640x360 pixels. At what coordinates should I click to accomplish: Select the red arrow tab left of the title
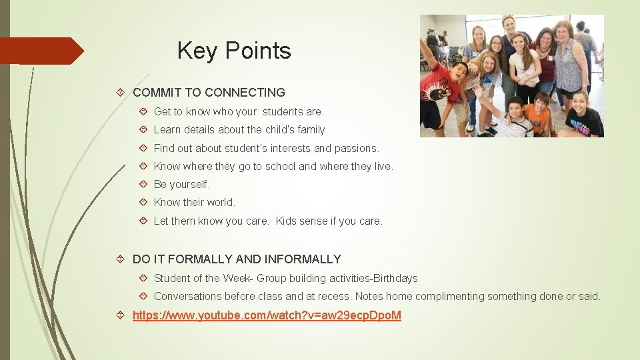coord(41,51)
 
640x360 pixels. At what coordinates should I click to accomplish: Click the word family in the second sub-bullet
coord(309,129)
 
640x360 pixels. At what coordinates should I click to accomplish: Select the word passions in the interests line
coord(357,148)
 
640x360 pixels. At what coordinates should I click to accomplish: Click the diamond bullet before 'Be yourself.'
coord(145,184)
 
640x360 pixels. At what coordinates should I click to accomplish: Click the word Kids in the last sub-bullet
coord(289,221)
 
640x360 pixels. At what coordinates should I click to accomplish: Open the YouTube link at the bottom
coord(267,315)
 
